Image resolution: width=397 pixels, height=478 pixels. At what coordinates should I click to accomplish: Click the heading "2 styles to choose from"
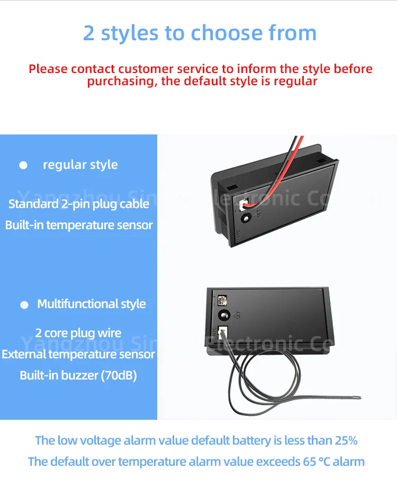point(200,33)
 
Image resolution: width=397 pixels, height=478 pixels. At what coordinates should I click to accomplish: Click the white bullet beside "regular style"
point(23,165)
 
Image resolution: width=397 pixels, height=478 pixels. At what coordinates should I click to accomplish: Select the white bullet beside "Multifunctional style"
point(24,305)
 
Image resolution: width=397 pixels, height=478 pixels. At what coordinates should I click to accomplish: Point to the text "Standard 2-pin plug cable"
point(79,204)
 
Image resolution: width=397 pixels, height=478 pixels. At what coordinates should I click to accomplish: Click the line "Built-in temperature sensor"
point(79,225)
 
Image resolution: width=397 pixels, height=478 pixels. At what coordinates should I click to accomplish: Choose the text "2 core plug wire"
point(78,333)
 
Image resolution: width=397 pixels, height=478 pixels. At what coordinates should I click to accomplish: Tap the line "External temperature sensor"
point(78,354)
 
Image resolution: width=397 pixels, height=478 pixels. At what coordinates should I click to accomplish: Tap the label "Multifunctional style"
point(91,304)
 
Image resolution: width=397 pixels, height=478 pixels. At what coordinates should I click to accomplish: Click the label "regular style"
point(80,165)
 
